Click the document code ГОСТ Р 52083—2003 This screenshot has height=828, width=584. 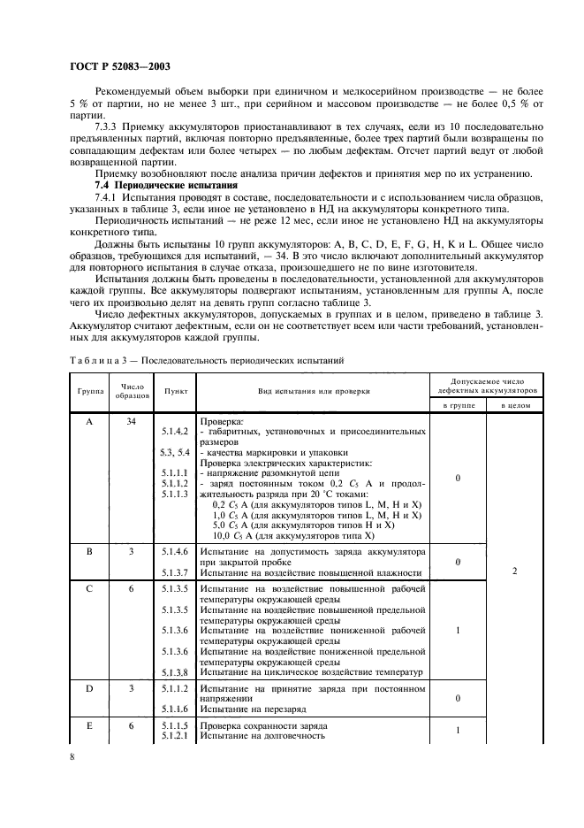tap(120, 67)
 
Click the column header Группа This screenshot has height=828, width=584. tap(88, 390)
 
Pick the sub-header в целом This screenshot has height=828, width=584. tap(514, 404)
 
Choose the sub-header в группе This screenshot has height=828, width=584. tap(456, 404)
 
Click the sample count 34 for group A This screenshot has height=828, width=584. tap(131, 422)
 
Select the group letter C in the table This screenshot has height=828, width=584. tap(89, 588)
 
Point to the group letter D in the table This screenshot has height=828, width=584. tap(89, 687)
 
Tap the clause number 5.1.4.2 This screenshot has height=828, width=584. tap(175, 431)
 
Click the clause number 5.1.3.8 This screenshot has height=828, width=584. tap(175, 672)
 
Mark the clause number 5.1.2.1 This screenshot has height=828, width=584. tap(175, 735)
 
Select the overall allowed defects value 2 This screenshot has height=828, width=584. tap(514, 571)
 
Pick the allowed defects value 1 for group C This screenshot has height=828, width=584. tap(456, 631)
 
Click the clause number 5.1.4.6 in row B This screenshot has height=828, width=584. tap(175, 551)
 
